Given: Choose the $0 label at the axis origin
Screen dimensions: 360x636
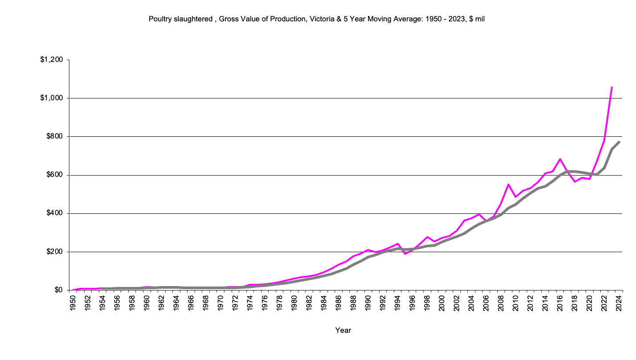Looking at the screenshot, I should pyautogui.click(x=59, y=290).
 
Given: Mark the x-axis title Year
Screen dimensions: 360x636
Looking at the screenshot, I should pyautogui.click(x=343, y=331).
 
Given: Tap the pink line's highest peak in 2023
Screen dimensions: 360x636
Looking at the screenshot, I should pyautogui.click(x=611, y=87).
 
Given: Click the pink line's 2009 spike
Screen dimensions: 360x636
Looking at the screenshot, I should pyautogui.click(x=508, y=184).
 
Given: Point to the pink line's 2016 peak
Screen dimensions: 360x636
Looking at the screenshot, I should pyautogui.click(x=560, y=159).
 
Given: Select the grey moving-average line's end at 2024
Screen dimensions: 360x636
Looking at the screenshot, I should pyautogui.click(x=619, y=142).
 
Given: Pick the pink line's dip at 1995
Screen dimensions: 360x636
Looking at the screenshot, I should pyautogui.click(x=405, y=254).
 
